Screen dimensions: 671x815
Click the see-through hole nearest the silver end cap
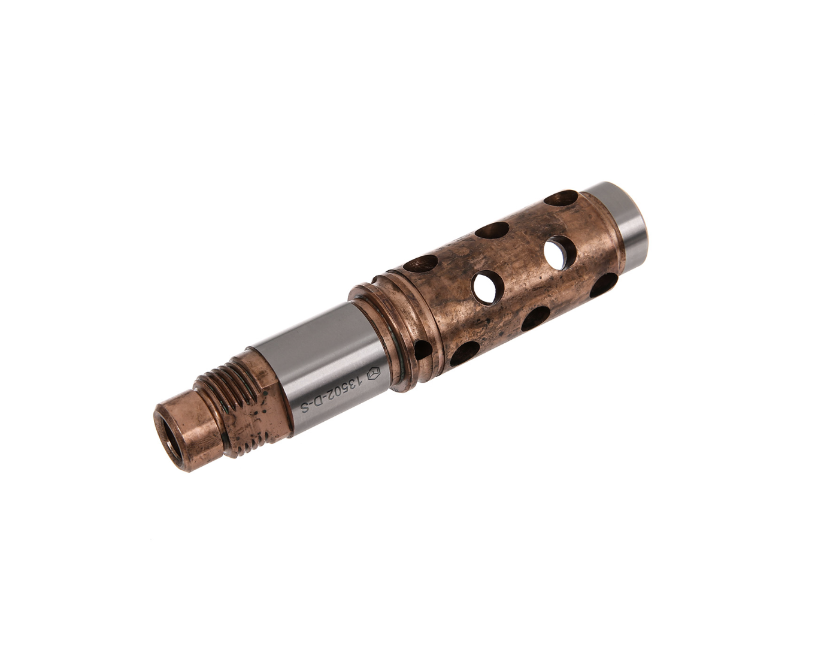point(560,251)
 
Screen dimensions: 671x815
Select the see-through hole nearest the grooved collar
point(487,286)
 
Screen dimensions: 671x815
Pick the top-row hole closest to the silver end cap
point(561,198)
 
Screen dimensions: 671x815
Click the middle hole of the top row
point(492,230)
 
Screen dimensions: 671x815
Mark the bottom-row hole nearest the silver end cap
point(604,285)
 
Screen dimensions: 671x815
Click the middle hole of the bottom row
point(535,319)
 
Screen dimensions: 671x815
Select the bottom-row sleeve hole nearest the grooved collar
point(465,353)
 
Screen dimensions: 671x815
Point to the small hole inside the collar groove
point(422,350)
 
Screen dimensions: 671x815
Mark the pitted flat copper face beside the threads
point(263,413)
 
